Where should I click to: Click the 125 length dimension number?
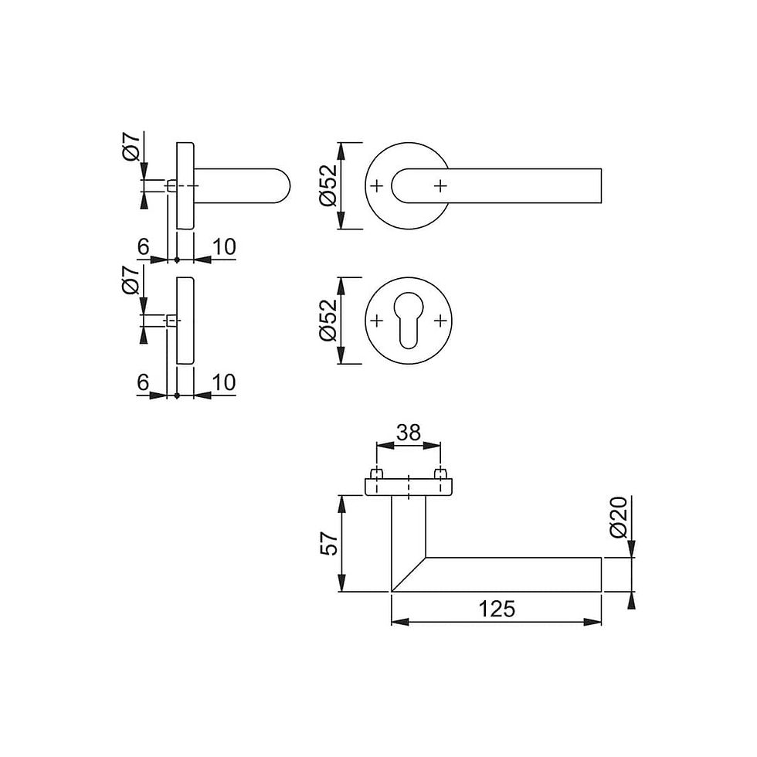pos(497,609)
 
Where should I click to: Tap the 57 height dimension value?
pos(330,544)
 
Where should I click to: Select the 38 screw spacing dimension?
pos(409,433)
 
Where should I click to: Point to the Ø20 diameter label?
pos(619,517)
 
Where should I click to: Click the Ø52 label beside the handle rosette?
pos(328,186)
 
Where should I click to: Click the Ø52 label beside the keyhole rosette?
pos(328,321)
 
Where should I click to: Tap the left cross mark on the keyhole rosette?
pos(377,321)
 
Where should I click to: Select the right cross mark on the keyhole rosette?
pos(440,321)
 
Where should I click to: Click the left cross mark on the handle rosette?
pos(377,185)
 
